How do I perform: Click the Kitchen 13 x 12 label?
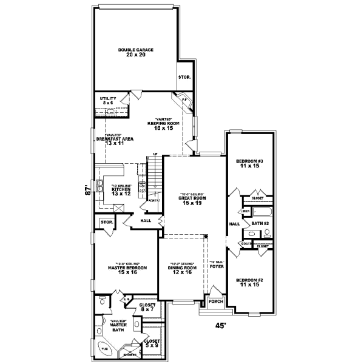pos(121,190)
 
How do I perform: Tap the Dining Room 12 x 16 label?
pos(182,270)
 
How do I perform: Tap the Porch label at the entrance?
pos(215,302)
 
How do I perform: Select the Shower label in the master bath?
pos(129,355)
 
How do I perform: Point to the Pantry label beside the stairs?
pos(153,200)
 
